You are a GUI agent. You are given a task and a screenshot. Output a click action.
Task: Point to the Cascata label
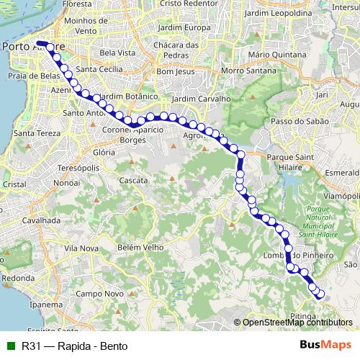click(133, 180)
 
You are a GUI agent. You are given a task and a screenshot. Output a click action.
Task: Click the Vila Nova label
click(81, 248)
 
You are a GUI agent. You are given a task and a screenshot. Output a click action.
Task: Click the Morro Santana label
click(248, 71)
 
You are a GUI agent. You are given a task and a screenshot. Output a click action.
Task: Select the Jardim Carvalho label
click(201, 99)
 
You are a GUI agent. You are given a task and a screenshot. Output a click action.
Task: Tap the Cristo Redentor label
click(190, 4)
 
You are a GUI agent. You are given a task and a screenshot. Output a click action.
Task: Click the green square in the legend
click(9, 346)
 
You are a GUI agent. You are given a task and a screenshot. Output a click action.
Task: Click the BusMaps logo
click(325, 346)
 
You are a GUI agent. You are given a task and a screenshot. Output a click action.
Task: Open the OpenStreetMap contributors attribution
click(297, 323)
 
